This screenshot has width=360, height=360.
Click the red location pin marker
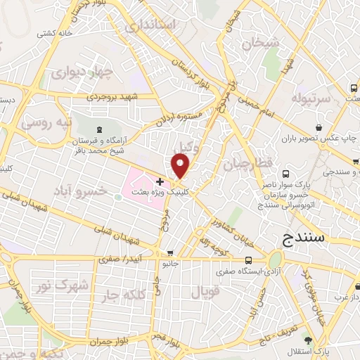(181, 166)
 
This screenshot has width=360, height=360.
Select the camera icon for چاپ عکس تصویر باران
(320, 128)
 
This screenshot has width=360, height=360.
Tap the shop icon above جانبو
(169, 253)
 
